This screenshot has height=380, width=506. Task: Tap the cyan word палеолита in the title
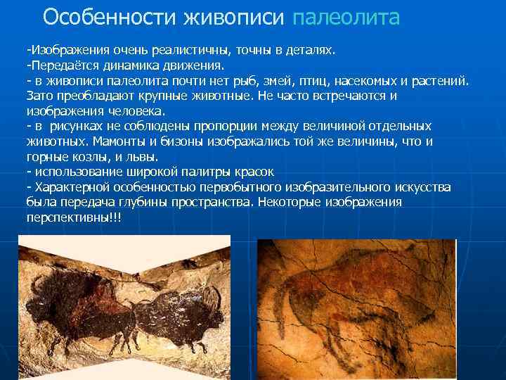click(x=345, y=16)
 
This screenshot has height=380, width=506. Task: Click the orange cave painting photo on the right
click(x=356, y=308)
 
